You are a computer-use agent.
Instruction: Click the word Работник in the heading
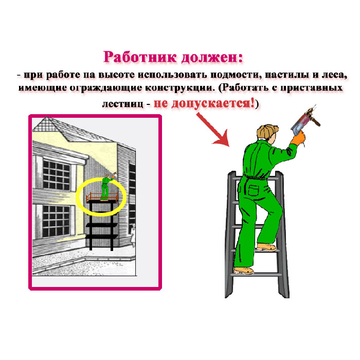(x=140, y=57)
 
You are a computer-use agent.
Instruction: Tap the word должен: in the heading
(x=212, y=57)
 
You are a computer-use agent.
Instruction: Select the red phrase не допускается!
(x=204, y=103)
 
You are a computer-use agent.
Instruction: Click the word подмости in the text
(x=236, y=75)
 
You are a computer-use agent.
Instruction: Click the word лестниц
(x=122, y=104)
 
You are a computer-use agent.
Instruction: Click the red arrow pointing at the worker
(x=212, y=129)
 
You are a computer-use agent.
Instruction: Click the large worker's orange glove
(x=298, y=138)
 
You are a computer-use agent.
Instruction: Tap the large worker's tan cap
(x=267, y=131)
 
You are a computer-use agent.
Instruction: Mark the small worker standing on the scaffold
(x=106, y=188)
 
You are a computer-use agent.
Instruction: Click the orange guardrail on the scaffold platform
(x=102, y=197)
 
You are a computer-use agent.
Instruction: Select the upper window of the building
(x=56, y=175)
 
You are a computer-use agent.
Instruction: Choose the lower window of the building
(x=56, y=221)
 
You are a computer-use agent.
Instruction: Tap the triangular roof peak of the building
(x=47, y=124)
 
